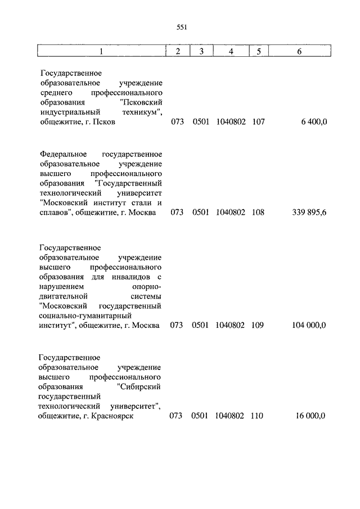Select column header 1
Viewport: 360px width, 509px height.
[x=101, y=52]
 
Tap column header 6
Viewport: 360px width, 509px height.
[x=299, y=52]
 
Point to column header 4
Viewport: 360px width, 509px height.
[x=231, y=52]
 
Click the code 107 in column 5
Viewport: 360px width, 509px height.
[x=259, y=122]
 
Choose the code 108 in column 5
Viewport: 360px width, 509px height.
[x=259, y=213]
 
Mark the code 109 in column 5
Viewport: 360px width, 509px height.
[x=259, y=326]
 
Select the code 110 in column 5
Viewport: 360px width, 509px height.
[x=259, y=416]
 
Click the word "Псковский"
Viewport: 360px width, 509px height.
[x=141, y=102]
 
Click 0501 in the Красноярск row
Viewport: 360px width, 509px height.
[x=200, y=416]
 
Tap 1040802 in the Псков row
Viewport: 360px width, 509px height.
[x=231, y=122]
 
